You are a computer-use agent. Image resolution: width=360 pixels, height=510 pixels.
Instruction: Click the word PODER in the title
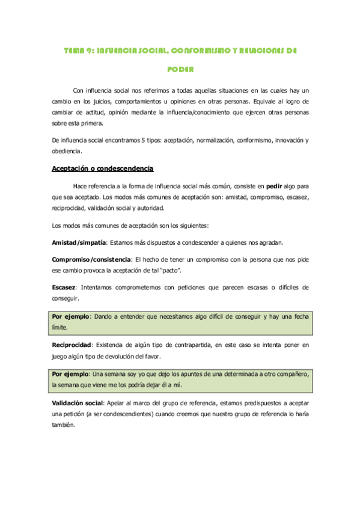pos(181,69)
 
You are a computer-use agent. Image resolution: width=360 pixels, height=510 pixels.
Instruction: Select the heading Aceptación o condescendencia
pos(103,168)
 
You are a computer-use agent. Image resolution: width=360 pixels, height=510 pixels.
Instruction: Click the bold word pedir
pos(275,186)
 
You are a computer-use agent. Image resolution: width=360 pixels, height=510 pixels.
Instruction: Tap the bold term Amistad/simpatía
pos(79,242)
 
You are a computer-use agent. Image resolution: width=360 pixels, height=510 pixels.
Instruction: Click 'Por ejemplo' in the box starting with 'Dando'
pos(71,316)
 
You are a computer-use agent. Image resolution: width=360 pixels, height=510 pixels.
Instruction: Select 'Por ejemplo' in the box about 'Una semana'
pos(71,373)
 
